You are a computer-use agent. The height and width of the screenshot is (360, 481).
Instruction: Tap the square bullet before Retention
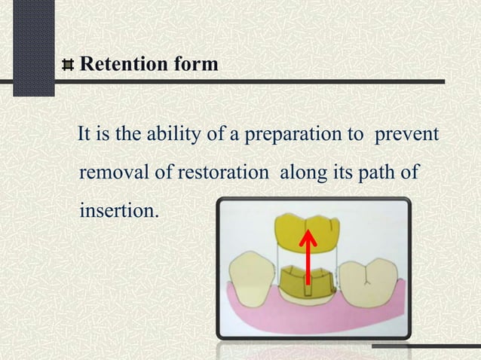coord(69,66)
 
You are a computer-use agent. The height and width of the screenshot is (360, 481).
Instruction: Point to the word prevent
coord(407,136)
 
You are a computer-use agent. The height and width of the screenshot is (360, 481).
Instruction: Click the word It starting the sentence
coord(84,136)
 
